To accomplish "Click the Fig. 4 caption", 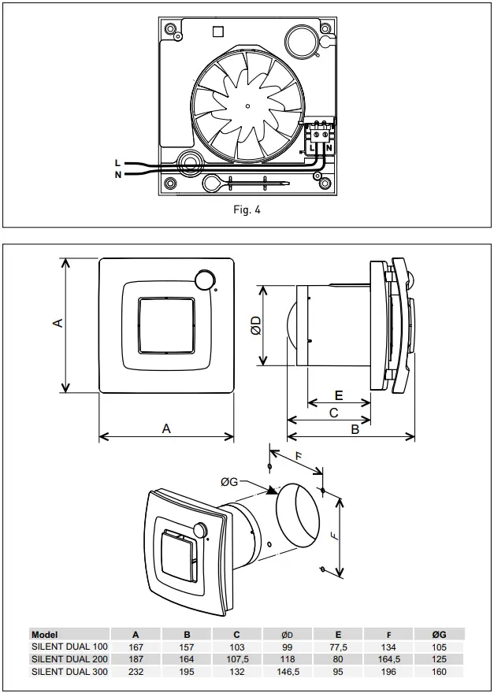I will pyautogui.click(x=247, y=210).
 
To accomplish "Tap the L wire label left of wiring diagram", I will pyautogui.click(x=118, y=162).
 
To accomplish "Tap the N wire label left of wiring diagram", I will pyautogui.click(x=118, y=175).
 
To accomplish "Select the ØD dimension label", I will pyautogui.click(x=256, y=326).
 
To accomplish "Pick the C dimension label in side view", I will pyautogui.click(x=333, y=412).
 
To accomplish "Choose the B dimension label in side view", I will pyautogui.click(x=355, y=430).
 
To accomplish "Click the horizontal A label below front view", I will pyautogui.click(x=166, y=428).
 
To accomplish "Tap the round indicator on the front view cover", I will pyautogui.click(x=205, y=279).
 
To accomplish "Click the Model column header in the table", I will pyautogui.click(x=45, y=634).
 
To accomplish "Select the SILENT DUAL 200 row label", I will pyautogui.click(x=69, y=659).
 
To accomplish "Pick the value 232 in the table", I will pyautogui.click(x=136, y=672).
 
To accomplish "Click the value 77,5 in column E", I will pyautogui.click(x=338, y=647).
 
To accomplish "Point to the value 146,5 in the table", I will pyautogui.click(x=288, y=672).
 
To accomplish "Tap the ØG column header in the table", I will pyautogui.click(x=439, y=634).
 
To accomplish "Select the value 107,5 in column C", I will pyautogui.click(x=237, y=659).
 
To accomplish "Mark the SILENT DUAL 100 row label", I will pyautogui.click(x=69, y=647).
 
